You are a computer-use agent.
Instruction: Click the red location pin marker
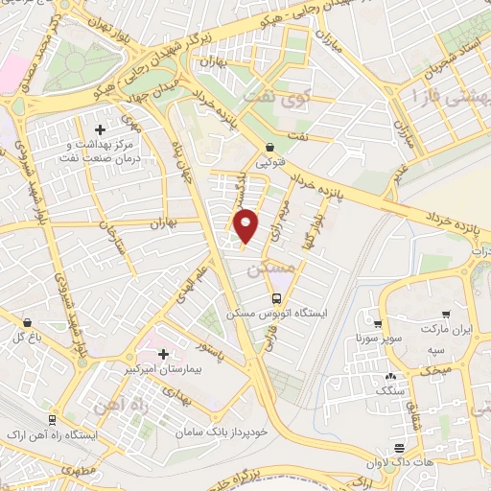[246, 226]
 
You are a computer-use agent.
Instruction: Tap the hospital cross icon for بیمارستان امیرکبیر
[162, 354]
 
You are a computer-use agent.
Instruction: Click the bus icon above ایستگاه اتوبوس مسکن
[277, 298]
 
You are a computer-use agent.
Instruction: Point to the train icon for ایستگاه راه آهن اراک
[51, 419]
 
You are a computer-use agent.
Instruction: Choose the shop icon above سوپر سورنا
[379, 324]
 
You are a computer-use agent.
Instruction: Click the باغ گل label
[25, 337]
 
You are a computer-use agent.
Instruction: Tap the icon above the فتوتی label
[269, 148]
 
